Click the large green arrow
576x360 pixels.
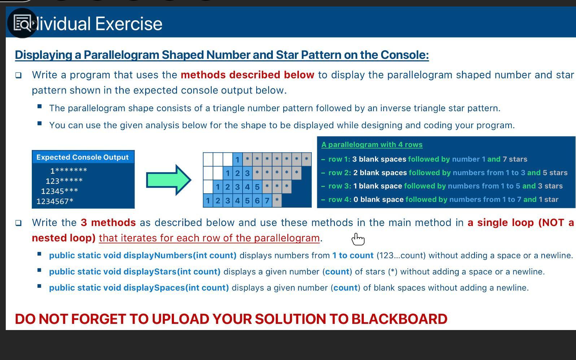[169, 180]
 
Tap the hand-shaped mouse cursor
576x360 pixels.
[358, 239]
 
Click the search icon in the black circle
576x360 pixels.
[22, 23]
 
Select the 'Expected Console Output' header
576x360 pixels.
[83, 157]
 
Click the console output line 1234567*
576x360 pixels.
[55, 201]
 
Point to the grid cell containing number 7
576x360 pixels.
[267, 200]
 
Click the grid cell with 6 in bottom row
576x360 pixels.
[257, 200]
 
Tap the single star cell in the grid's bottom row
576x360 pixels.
[277, 200]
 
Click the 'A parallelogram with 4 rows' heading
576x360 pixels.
[372, 145]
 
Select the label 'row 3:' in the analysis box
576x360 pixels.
[340, 186]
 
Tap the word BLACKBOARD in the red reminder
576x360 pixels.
[399, 319]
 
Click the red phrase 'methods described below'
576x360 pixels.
[247, 75]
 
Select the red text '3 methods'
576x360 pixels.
[108, 222]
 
